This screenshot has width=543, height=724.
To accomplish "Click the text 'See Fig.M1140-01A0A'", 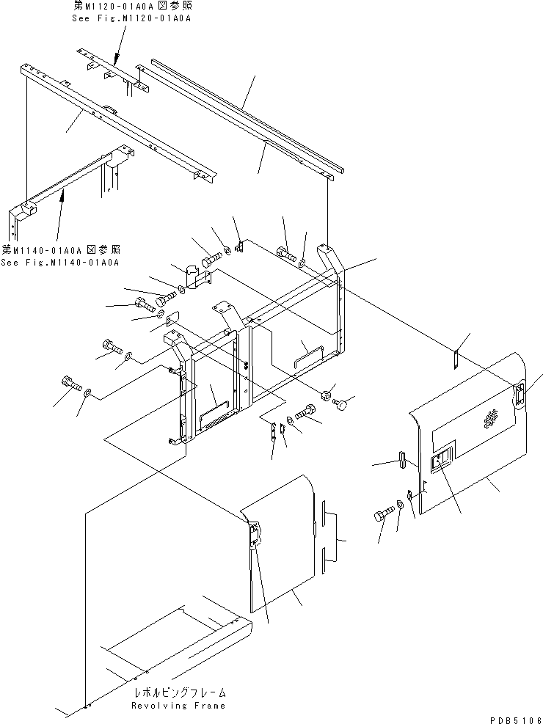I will [x=59, y=262].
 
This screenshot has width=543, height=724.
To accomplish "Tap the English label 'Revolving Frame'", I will [x=178, y=705].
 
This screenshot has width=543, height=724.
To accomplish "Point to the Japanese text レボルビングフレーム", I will [x=180, y=692].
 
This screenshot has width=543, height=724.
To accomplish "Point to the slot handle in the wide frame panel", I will [x=305, y=354].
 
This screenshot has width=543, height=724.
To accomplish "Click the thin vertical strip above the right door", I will [x=456, y=359].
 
